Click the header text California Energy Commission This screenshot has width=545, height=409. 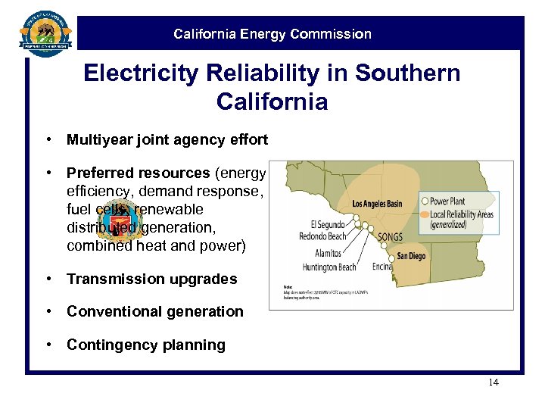(272, 34)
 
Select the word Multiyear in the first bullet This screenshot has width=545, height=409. (97, 139)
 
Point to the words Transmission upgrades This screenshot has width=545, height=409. (151, 279)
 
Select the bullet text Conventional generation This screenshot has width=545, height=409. (155, 311)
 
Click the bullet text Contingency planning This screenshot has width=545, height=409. (146, 345)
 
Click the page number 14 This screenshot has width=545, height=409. (493, 382)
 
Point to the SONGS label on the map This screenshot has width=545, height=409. (390, 237)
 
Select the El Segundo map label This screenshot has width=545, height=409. (328, 225)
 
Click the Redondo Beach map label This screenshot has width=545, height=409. (323, 237)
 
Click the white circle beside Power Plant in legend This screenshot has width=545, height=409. (425, 201)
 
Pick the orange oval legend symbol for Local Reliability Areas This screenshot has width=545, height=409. (425, 214)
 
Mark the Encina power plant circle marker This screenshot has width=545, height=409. (392, 259)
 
